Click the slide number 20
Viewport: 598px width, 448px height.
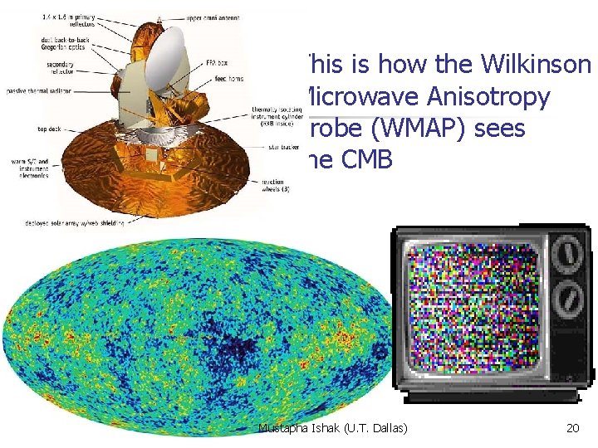(x=572, y=429)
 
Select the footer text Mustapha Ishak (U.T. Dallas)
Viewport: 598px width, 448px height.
(x=331, y=429)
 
